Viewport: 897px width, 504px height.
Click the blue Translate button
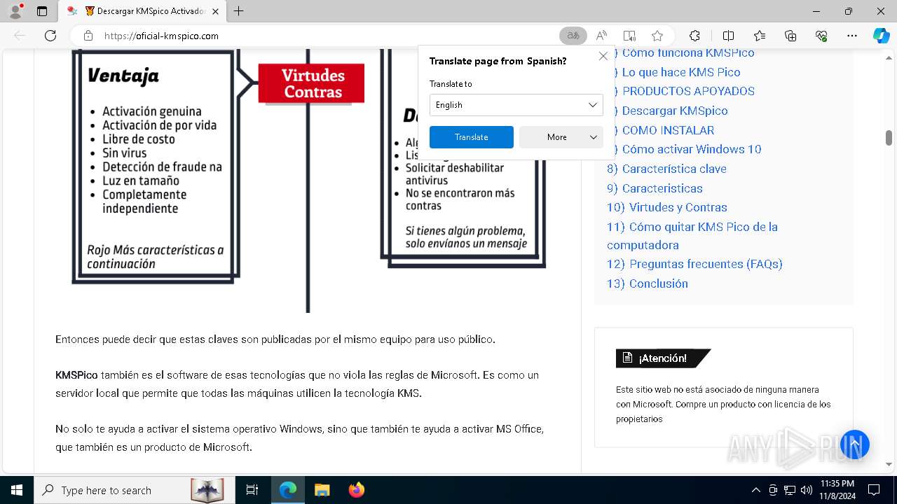click(471, 137)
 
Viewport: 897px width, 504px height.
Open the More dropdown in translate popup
click(561, 137)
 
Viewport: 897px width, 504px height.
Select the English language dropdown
click(516, 105)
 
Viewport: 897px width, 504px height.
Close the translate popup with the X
click(603, 56)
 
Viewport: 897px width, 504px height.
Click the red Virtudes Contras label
click(311, 83)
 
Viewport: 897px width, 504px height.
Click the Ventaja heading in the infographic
click(123, 76)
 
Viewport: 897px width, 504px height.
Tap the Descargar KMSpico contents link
click(674, 111)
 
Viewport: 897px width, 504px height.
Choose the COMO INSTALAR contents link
click(668, 130)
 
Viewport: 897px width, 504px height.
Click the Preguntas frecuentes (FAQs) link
click(705, 264)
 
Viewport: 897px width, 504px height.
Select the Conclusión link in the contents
click(658, 283)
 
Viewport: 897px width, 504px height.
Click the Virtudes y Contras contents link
click(678, 207)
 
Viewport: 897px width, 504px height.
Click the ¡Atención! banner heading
click(662, 358)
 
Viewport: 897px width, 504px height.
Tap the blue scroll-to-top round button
click(855, 444)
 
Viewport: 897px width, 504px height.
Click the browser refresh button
click(50, 36)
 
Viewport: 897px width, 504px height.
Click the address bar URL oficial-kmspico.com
click(161, 36)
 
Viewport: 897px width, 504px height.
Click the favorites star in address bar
click(657, 36)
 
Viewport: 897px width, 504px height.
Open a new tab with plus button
click(239, 11)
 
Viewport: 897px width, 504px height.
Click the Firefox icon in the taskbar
click(357, 490)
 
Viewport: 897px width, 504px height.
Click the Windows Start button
click(16, 490)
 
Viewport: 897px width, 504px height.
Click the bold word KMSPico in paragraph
click(76, 375)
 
